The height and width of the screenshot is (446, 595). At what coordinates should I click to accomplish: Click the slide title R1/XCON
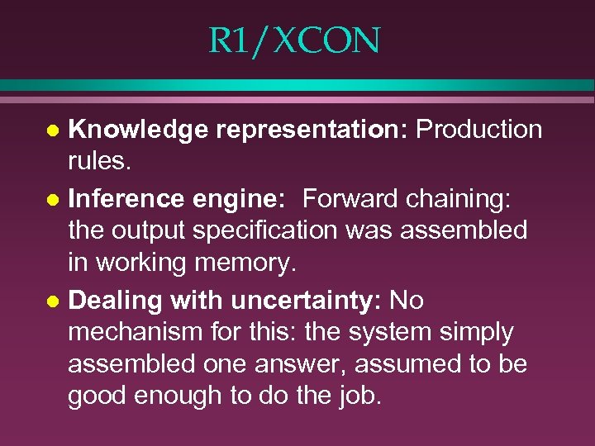(x=294, y=40)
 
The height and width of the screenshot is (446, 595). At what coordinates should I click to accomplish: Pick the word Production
(x=479, y=129)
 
